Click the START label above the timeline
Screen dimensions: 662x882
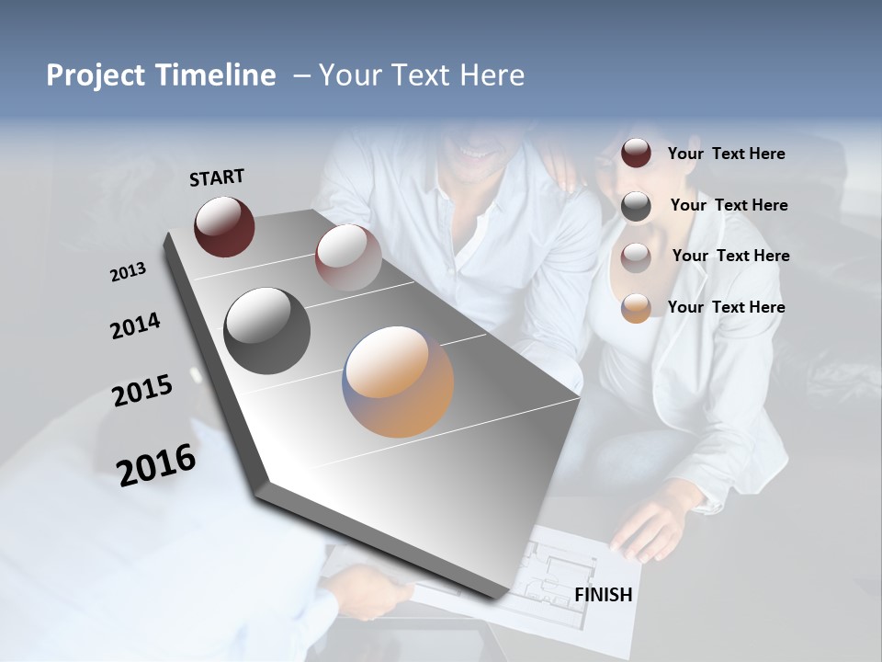pyautogui.click(x=217, y=177)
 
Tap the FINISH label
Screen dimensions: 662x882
pyautogui.click(x=603, y=595)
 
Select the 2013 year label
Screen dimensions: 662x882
pyautogui.click(x=128, y=272)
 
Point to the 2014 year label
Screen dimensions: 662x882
pyautogui.click(x=135, y=326)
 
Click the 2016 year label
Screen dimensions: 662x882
pyautogui.click(x=156, y=465)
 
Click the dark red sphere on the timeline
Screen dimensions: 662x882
pyautogui.click(x=224, y=226)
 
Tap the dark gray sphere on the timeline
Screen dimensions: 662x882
pyautogui.click(x=266, y=331)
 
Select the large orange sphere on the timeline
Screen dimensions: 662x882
pyautogui.click(x=399, y=381)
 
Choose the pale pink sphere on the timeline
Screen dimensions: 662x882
pyautogui.click(x=347, y=257)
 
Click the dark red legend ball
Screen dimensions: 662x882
pyautogui.click(x=636, y=154)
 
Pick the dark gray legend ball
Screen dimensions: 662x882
pyautogui.click(x=636, y=206)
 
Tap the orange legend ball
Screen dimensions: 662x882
pyautogui.click(x=636, y=308)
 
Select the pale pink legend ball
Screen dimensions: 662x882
pyautogui.click(x=636, y=257)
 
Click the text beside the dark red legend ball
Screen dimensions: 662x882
pyautogui.click(x=726, y=154)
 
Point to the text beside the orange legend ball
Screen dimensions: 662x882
pyautogui.click(x=726, y=307)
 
